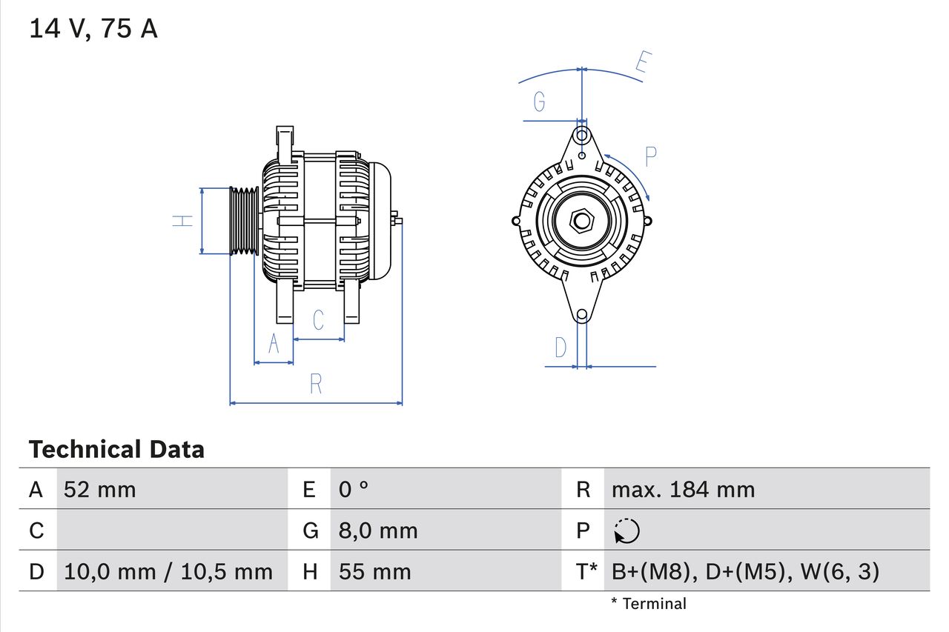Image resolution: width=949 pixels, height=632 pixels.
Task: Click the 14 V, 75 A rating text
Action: pos(93,29)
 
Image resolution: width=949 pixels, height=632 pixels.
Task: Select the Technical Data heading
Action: pos(116,450)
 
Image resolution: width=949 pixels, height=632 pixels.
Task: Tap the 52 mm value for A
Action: pos(100,490)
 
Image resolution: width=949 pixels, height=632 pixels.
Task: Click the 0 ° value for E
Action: pos(354,490)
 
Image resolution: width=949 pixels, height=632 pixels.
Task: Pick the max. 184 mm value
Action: pos(683,490)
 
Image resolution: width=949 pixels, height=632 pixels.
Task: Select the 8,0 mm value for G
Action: pos(378,530)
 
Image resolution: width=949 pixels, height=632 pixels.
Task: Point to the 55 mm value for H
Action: pos(374,572)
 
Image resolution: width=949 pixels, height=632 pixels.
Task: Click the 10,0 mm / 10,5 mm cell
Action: pos(168,572)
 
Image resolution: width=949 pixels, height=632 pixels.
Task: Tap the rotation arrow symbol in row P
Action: pos(627,531)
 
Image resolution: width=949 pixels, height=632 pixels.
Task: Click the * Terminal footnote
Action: pos(649,604)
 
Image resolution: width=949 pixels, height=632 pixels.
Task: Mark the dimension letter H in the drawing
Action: pos(183,220)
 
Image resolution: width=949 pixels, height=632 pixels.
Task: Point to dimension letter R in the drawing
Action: pos(316,385)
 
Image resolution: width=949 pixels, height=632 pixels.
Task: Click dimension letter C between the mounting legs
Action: pos(318,320)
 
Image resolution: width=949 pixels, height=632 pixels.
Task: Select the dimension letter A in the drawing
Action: pos(274,345)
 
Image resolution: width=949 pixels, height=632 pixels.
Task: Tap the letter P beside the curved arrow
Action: pos(650,156)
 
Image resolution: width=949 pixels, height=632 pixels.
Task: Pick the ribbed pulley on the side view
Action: pos(243,221)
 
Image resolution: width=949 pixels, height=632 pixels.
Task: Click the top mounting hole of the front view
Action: pos(583,136)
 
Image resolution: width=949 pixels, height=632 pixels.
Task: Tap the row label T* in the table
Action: pos(586,572)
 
